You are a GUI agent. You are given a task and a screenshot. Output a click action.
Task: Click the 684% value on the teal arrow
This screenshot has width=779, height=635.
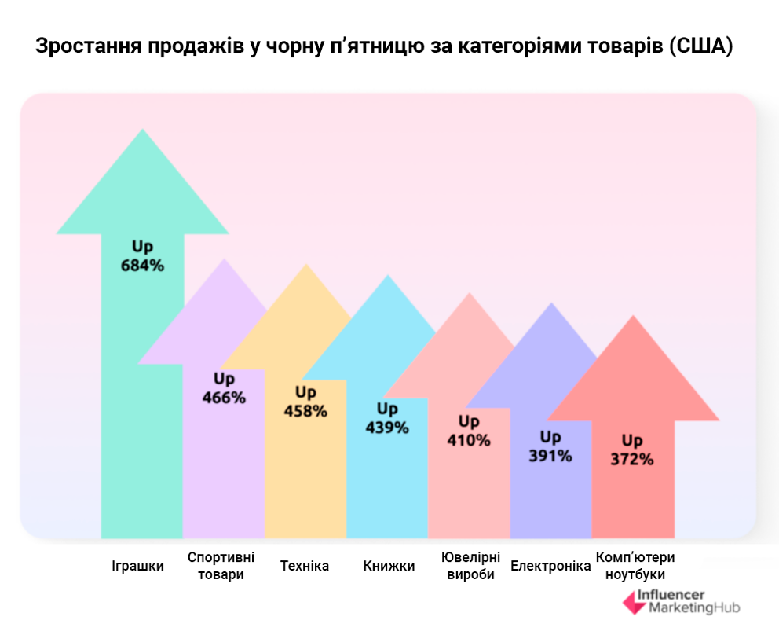[142, 266]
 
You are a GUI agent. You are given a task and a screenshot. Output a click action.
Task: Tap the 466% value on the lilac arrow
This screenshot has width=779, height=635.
[224, 398]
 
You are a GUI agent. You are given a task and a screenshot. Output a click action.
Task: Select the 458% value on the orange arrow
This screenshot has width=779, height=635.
[305, 411]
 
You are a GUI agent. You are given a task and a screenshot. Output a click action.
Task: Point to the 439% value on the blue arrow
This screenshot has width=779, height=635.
[387, 428]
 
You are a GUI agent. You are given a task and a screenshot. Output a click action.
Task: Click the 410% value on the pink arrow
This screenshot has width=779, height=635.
[469, 441]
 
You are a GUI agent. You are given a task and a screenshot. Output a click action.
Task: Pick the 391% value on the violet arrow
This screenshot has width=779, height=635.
[550, 456]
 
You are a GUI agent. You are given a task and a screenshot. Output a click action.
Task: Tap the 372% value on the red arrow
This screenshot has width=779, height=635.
[632, 460]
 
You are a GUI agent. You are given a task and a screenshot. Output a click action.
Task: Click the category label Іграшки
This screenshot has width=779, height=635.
[138, 566]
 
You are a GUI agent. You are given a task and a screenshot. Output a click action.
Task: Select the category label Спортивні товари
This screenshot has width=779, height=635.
[221, 566]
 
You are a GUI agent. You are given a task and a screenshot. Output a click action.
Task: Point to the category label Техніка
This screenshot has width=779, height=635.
[305, 566]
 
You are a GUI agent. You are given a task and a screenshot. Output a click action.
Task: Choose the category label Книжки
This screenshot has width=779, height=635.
[389, 566]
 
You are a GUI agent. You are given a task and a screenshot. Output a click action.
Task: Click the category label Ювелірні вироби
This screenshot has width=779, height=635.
[471, 566]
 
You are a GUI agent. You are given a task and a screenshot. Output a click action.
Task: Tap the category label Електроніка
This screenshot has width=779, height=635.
[550, 566]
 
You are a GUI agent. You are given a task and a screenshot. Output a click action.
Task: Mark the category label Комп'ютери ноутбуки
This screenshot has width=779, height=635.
[635, 566]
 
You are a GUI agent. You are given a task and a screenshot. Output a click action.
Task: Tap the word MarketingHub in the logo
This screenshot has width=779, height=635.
[689, 608]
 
